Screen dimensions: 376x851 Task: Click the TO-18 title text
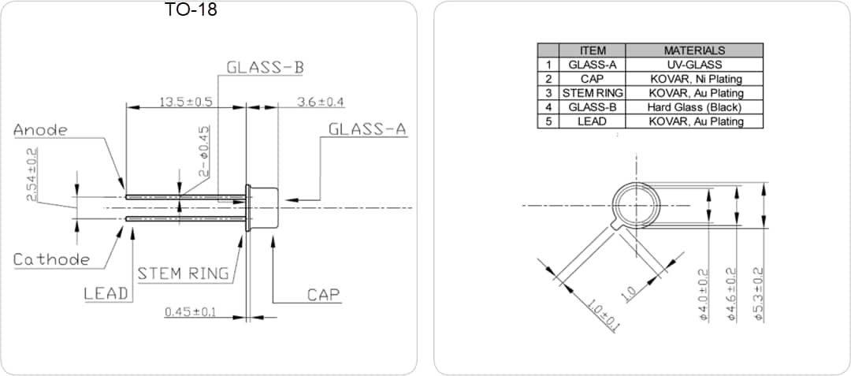pyautogui.click(x=191, y=10)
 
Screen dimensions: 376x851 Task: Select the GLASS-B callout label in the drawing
pyautogui.click(x=265, y=67)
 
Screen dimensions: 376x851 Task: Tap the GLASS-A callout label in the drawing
pyautogui.click(x=367, y=129)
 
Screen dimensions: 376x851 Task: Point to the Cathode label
pyautogui.click(x=51, y=259)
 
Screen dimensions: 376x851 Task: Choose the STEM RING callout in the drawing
pyautogui.click(x=184, y=274)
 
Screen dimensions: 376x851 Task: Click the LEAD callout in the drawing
pyautogui.click(x=106, y=293)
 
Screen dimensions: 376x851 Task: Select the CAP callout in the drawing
pyautogui.click(x=323, y=295)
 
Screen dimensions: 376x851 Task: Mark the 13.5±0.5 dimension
pyautogui.click(x=186, y=102)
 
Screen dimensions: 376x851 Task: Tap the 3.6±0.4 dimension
pyautogui.click(x=321, y=102)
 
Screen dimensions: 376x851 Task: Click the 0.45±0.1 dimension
pyautogui.click(x=191, y=312)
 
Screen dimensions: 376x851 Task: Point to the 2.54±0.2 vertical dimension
pyautogui.click(x=32, y=174)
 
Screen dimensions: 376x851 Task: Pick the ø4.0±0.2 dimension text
pyautogui.click(x=704, y=293)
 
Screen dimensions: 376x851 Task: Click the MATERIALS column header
pyautogui.click(x=694, y=50)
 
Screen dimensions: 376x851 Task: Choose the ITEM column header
pyautogui.click(x=593, y=50)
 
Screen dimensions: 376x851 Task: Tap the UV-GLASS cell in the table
pyautogui.click(x=694, y=65)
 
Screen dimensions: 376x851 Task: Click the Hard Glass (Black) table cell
pyautogui.click(x=694, y=107)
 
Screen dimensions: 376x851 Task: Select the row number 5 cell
pyautogui.click(x=548, y=121)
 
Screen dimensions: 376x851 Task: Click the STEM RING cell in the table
pyautogui.click(x=593, y=93)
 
